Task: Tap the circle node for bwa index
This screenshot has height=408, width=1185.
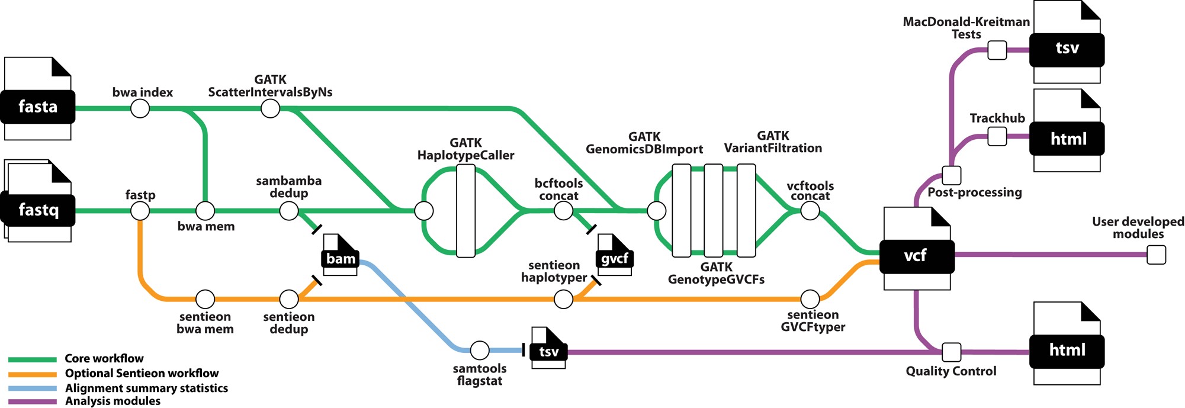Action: pyautogui.click(x=140, y=108)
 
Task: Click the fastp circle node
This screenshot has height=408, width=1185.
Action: pyautogui.click(x=140, y=210)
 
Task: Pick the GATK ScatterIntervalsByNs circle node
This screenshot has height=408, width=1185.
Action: pyautogui.click(x=270, y=108)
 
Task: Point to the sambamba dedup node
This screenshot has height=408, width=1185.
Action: pyautogui.click(x=288, y=210)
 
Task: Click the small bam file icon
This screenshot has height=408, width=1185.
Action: pyautogui.click(x=341, y=255)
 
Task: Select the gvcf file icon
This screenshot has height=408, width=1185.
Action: pyautogui.click(x=615, y=255)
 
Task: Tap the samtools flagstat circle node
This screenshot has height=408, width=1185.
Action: pyautogui.click(x=479, y=350)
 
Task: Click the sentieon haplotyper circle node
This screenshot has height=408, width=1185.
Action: pyautogui.click(x=563, y=299)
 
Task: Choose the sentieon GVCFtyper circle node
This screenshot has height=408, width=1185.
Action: pyautogui.click(x=810, y=299)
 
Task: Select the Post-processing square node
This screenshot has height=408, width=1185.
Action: pyautogui.click(x=951, y=175)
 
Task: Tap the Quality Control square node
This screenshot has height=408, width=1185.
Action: pyautogui.click(x=951, y=352)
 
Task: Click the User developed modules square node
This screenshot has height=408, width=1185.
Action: pyautogui.click(x=1156, y=255)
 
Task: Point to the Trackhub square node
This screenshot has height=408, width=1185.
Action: pyautogui.click(x=997, y=137)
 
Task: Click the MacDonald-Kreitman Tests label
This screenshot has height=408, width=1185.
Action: pyautogui.click(x=966, y=28)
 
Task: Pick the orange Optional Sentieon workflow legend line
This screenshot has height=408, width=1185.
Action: pyautogui.click(x=33, y=374)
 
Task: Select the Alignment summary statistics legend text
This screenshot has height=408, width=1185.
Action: pyautogui.click(x=146, y=388)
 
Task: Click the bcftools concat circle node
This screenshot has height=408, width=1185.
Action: pyautogui.click(x=563, y=210)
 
